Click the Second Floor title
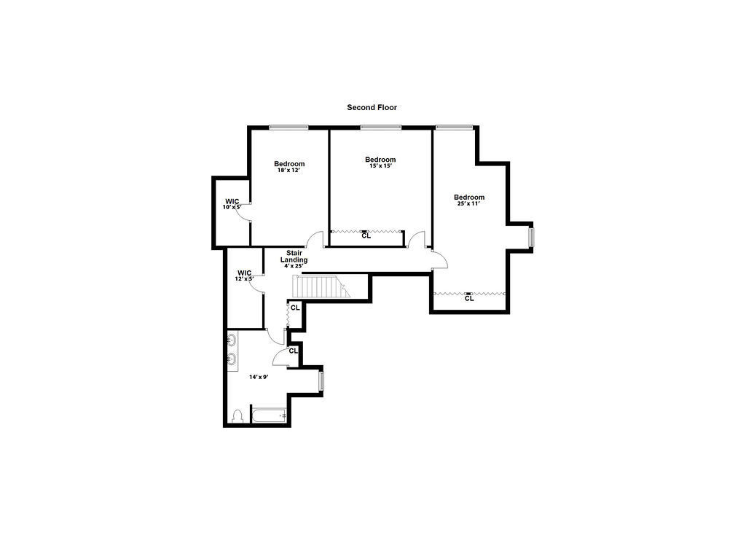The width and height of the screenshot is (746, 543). [372, 108]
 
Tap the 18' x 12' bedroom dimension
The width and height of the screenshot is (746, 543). [289, 170]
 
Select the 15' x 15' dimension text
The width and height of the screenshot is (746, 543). [380, 165]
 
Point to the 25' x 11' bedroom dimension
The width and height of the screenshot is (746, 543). [469, 203]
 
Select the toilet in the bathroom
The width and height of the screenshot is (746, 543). [237, 417]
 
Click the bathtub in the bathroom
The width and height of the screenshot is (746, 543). [269, 415]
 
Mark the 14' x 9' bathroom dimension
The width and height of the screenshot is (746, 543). [259, 377]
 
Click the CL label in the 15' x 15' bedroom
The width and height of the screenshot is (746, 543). [366, 235]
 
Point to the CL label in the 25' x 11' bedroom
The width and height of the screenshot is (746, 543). [469, 298]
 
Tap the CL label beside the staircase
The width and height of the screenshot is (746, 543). [295, 308]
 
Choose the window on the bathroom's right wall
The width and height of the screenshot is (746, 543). [321, 381]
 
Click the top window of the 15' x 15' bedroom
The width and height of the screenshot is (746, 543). [380, 127]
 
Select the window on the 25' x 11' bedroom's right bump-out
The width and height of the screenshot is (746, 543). [531, 238]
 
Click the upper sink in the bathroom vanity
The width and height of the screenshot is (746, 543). [232, 341]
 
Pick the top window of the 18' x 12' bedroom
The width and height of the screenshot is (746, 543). [288, 127]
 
